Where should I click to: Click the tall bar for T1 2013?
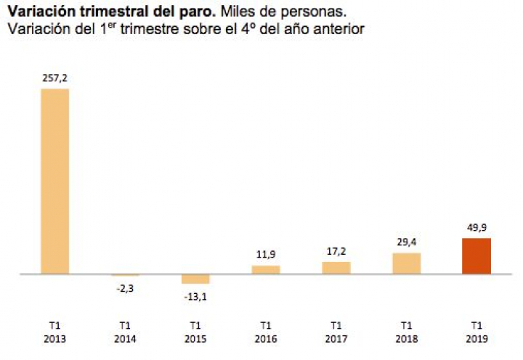54,181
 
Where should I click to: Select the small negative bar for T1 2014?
125,275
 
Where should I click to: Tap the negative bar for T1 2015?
195,279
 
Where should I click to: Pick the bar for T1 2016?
266,270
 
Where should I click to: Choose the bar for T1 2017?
336,268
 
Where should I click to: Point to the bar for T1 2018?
407,263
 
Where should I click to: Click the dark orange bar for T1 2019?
477,256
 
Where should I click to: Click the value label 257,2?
54,78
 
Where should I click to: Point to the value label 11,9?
266,254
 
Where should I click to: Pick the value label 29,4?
407,242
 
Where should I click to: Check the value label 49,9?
477,227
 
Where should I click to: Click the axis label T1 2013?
54,332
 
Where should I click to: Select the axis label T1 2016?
266,332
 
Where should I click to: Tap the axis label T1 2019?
477,332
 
